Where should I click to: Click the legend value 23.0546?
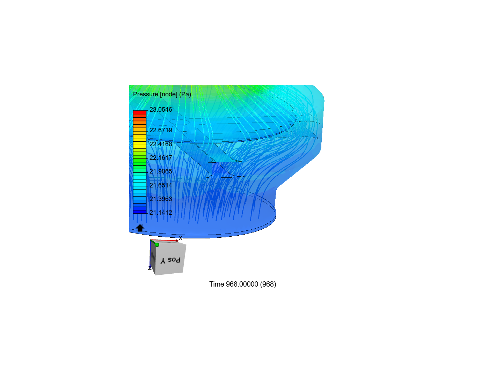click(161, 110)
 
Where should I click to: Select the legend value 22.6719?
click(161, 130)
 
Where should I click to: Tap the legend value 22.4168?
click(161, 144)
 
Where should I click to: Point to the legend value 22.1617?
click(161, 158)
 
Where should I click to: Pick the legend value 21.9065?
click(161, 171)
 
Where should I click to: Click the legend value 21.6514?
click(161, 185)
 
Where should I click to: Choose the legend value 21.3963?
click(161, 199)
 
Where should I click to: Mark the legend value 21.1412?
click(161, 213)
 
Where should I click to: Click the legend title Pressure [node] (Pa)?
click(162, 94)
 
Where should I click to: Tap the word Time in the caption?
click(217, 284)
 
